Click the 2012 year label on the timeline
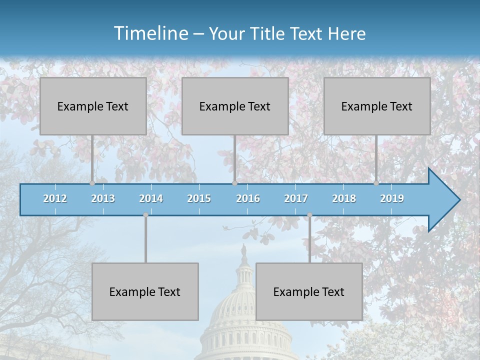(x=55, y=198)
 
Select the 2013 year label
(x=103, y=198)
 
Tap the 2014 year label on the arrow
(x=151, y=198)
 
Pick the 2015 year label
(x=199, y=198)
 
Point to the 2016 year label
(x=248, y=198)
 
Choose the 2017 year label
(x=296, y=198)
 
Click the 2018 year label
(x=344, y=198)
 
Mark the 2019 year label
(x=392, y=198)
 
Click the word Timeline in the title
(x=150, y=33)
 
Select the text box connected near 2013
(x=93, y=106)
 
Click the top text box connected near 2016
(x=235, y=106)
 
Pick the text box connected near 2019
(x=377, y=106)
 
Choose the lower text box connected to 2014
(x=145, y=291)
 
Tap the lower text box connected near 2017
(x=309, y=291)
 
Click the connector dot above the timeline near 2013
(x=92, y=183)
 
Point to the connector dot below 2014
(x=145, y=215)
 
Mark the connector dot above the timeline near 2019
(x=376, y=183)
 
